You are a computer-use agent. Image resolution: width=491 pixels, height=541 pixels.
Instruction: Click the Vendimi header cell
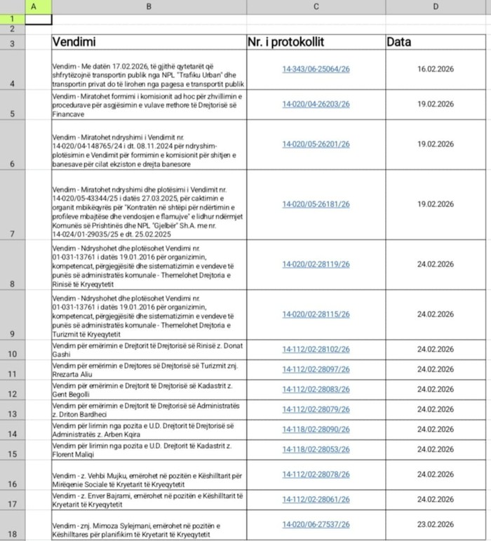tap(74, 42)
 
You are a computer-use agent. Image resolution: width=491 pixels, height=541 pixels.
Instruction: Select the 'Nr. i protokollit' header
tap(285, 42)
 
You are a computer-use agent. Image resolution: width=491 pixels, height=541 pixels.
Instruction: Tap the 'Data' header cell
tap(399, 42)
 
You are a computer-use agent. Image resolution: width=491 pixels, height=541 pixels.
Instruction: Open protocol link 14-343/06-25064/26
tap(316, 70)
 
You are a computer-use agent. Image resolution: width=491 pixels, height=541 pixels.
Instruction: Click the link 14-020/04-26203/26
tap(316, 104)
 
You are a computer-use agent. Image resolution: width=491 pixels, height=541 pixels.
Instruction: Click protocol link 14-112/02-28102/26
tap(316, 349)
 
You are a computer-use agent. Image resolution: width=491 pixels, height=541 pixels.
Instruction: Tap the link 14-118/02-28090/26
tap(316, 429)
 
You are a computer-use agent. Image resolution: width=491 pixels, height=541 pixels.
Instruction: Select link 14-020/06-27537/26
tap(316, 524)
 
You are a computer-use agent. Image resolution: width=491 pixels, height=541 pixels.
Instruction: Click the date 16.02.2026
tap(436, 70)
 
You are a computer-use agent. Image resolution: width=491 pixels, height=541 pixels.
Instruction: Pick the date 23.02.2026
tap(436, 524)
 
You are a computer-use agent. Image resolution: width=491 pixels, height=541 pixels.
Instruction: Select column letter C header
tap(316, 6)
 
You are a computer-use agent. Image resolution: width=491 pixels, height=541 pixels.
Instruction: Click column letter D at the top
tap(436, 6)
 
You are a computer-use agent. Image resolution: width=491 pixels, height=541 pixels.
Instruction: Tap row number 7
tap(12, 234)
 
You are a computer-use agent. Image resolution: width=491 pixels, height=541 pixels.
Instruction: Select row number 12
tap(12, 394)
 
